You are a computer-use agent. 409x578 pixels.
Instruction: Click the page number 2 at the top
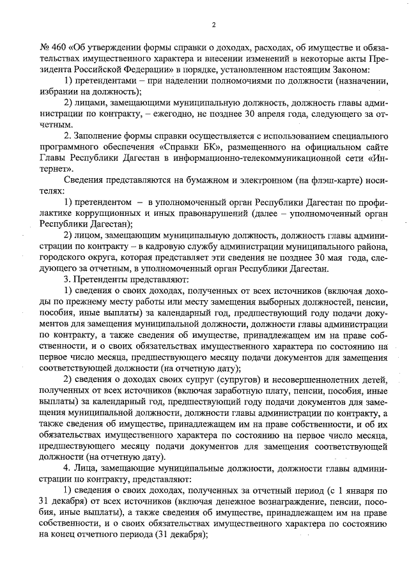213,25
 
